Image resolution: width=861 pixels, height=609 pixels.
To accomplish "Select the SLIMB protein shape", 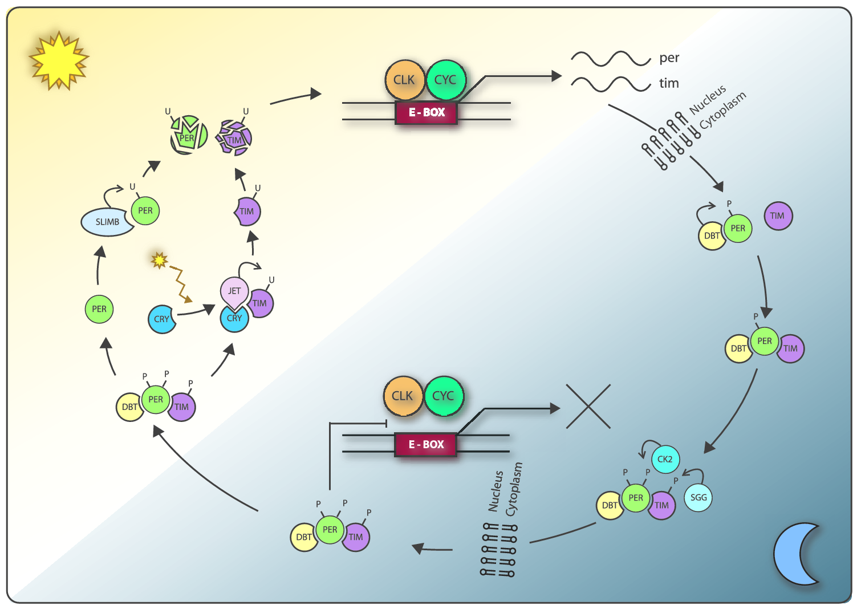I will coord(107,222).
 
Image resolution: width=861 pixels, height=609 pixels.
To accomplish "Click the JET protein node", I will coord(234,291).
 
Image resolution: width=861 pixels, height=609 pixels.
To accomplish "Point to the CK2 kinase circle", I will coord(665,459).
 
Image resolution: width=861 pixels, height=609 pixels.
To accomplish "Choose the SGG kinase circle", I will coord(698,497).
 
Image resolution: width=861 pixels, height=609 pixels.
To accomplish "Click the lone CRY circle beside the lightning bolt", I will coord(161,319).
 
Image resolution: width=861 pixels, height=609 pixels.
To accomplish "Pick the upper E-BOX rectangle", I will coord(427,112).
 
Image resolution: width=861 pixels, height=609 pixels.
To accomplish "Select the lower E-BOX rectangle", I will coord(426,444).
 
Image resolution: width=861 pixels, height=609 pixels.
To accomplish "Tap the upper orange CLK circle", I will coord(404,80).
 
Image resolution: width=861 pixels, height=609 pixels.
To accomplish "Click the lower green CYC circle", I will coord(444,396).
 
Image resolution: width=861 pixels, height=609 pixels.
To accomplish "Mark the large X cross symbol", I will coord(588,407).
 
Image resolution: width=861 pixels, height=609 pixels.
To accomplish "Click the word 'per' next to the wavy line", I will coord(669,58).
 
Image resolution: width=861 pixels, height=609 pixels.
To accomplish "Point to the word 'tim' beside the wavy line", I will coord(669,83).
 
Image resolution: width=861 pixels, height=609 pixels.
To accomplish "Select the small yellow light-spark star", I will coord(159,260).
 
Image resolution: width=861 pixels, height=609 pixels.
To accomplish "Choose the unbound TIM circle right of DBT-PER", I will coord(778,216).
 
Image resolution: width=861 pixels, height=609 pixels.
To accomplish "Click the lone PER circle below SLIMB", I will coord(99,309).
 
